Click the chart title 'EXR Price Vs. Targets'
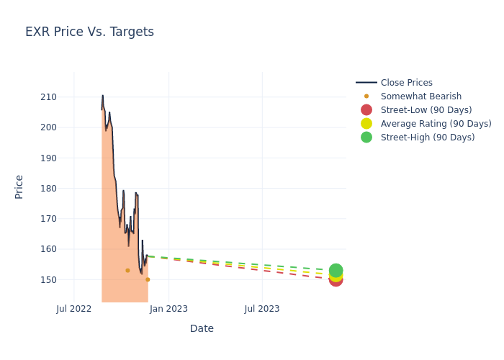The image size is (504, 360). [x=89, y=32]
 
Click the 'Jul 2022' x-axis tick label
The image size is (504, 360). [x=74, y=309]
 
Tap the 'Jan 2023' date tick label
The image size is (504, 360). [x=168, y=309]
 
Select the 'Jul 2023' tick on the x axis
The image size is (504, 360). [x=262, y=309]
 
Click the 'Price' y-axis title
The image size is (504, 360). [x=19, y=186]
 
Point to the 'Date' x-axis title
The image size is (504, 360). [x=202, y=328]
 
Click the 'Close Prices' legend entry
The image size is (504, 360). [x=406, y=83]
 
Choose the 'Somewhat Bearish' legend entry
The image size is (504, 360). [x=420, y=96]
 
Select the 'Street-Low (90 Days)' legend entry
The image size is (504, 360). [x=426, y=110]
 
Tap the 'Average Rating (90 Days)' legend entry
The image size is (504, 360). [x=436, y=124]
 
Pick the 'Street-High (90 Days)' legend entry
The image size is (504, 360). [x=427, y=138]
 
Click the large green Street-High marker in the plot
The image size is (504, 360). [x=336, y=271]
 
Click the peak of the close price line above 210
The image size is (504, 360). [x=102, y=95]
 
